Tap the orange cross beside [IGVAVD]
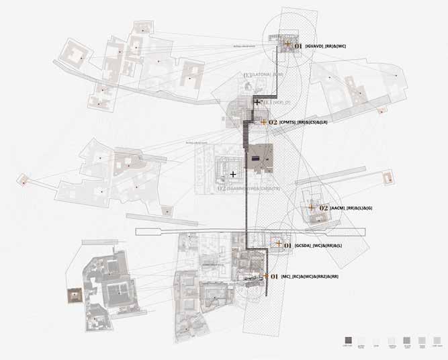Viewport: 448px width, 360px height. pyautogui.click(x=287, y=44)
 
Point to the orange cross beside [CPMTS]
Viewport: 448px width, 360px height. pyautogui.click(x=263, y=122)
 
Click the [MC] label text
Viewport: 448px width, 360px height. pyautogui.click(x=287, y=277)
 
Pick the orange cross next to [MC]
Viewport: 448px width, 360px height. pyautogui.click(x=266, y=276)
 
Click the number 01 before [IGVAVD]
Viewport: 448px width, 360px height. pyautogui.click(x=298, y=45)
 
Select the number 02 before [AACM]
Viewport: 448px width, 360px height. pyautogui.click(x=324, y=208)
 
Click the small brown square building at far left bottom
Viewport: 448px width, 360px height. pyautogui.click(x=74, y=294)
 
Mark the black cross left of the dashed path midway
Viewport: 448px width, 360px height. pyautogui.click(x=232, y=174)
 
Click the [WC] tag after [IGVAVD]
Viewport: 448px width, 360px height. pyautogui.click(x=341, y=46)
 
